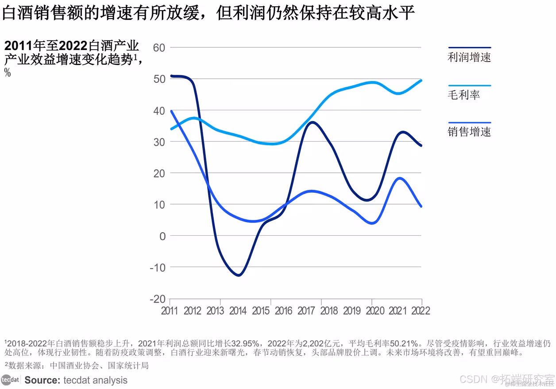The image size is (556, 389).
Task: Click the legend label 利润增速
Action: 469,57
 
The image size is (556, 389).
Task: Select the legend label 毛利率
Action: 463,95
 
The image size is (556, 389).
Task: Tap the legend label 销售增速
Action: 469,132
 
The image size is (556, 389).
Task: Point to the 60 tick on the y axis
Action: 158,47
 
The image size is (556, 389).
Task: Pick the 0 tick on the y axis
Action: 162,236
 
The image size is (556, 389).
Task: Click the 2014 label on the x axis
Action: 238,311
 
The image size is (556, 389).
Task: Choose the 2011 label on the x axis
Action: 170,311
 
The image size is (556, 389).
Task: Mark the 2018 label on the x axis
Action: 329,311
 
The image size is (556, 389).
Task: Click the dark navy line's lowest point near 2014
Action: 239,275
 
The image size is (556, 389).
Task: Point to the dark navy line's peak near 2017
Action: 313,122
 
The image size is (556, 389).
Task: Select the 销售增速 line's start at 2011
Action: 171,111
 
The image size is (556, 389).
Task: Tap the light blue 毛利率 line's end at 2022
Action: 421,80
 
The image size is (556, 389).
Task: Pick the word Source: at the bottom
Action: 42,380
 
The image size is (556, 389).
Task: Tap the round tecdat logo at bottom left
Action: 10,380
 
